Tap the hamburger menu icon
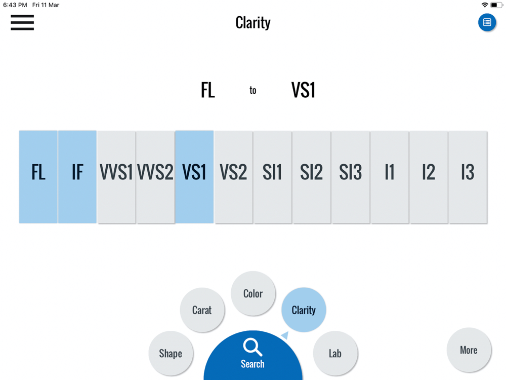[x=22, y=22]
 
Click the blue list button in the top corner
[x=487, y=22]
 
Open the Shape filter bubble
[x=171, y=353]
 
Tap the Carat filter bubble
[x=202, y=310]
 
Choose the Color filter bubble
[x=253, y=293]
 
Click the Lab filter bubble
[x=335, y=353]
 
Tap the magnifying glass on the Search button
[x=252, y=348]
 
